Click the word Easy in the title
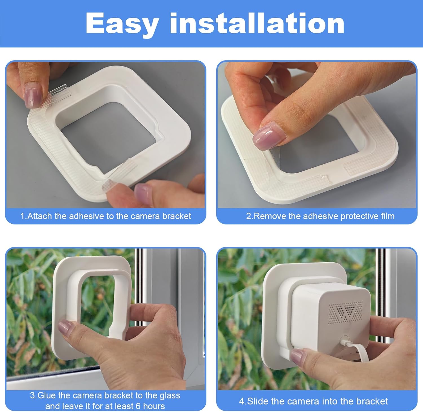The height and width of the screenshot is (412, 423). point(122,24)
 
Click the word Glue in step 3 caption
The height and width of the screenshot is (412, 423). point(47,395)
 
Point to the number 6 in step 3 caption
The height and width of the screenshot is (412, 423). point(138,406)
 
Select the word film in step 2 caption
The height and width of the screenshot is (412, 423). point(388,216)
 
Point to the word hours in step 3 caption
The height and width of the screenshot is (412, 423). point(154,406)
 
